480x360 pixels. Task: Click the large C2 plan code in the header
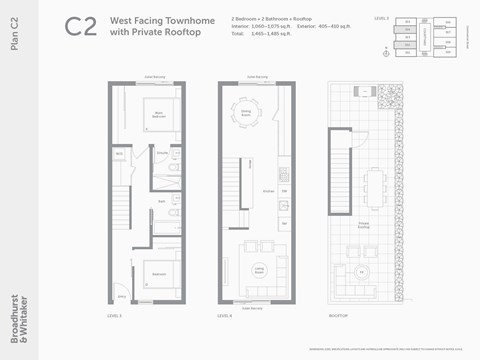(x=81, y=27)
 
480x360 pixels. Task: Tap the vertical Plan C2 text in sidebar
(x=14, y=45)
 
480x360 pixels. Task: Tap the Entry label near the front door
(x=122, y=297)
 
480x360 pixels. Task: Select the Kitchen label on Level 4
(x=268, y=190)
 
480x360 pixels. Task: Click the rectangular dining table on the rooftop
(x=378, y=184)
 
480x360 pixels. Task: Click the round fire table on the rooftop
(x=362, y=271)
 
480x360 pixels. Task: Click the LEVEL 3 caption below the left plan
(x=114, y=316)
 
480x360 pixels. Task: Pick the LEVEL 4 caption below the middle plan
(x=225, y=316)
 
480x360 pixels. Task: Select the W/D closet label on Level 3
(x=119, y=154)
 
